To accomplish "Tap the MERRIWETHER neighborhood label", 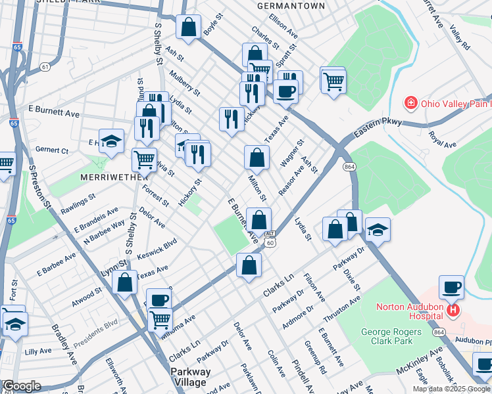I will tap(109, 178).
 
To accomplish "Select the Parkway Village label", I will tap(191, 376).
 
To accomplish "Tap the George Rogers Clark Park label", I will tap(391, 337).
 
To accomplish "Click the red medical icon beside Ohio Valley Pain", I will tap(410, 103).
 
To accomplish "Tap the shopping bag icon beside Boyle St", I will tap(188, 28).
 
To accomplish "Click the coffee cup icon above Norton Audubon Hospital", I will tap(451, 287).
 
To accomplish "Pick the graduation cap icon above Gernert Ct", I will tap(112, 141).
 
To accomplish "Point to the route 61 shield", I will tap(45, 67).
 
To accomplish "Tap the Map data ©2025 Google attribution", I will tap(451, 389).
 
